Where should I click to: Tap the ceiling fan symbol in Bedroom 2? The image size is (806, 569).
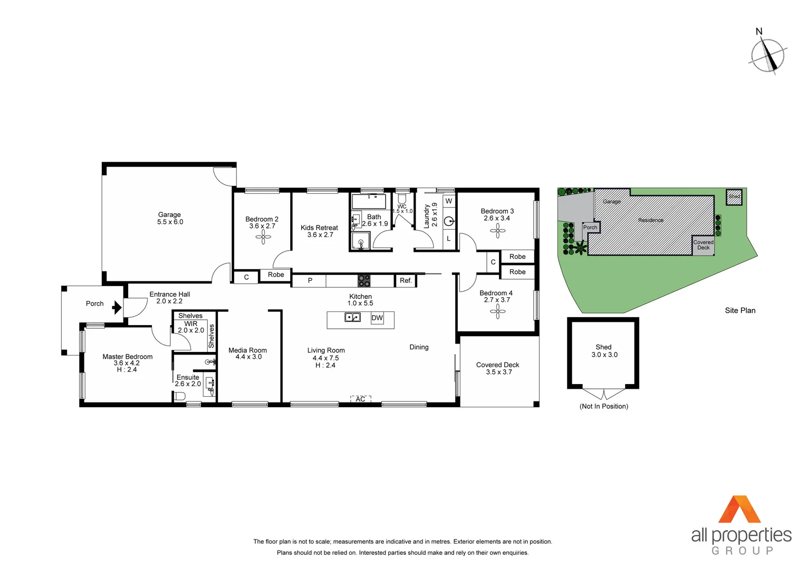point(263,237)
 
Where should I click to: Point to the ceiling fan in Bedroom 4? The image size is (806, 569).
point(497,311)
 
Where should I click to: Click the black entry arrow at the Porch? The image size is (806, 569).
point(117,308)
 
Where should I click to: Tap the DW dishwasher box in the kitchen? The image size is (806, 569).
point(377,318)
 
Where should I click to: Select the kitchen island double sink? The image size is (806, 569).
point(352,317)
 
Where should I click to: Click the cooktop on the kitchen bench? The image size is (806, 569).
point(364,281)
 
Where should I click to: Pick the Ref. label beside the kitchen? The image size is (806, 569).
point(406,281)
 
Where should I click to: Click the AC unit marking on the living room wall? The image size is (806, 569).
point(361,399)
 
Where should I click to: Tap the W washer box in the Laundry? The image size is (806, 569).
point(448,201)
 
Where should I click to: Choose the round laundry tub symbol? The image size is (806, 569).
point(449,221)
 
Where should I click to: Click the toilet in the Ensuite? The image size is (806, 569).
point(180,396)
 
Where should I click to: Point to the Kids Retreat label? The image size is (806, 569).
point(319,228)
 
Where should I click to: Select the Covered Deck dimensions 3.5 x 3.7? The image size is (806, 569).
point(498,372)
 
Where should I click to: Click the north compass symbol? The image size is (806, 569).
point(768,55)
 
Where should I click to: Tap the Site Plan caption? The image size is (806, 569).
point(740,310)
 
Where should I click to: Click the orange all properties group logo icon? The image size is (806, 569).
point(740,509)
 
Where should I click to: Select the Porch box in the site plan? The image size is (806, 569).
point(590,228)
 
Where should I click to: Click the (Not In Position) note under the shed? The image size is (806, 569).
point(603,406)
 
